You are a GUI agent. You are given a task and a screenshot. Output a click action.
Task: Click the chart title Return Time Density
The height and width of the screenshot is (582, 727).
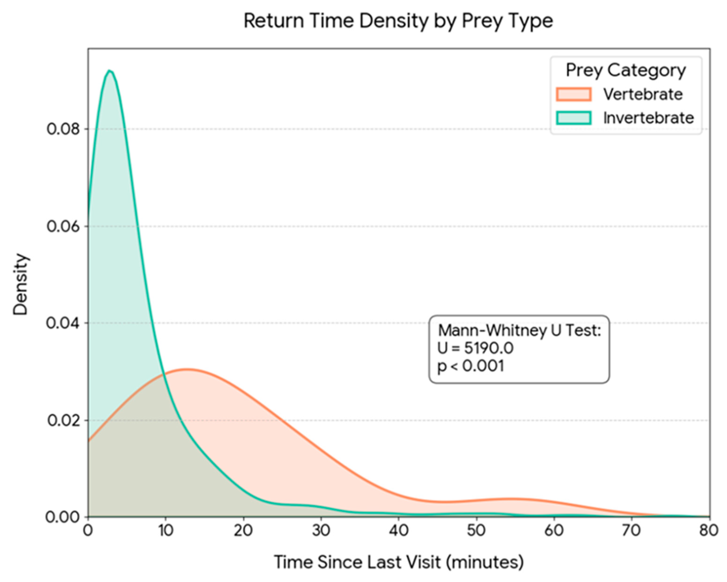(x=398, y=21)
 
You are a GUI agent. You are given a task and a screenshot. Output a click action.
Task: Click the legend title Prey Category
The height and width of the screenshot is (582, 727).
(x=625, y=70)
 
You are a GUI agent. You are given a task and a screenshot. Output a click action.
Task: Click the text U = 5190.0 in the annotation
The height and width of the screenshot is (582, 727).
(x=475, y=348)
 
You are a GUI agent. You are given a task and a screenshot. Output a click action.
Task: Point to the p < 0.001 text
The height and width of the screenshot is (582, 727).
(x=471, y=366)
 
